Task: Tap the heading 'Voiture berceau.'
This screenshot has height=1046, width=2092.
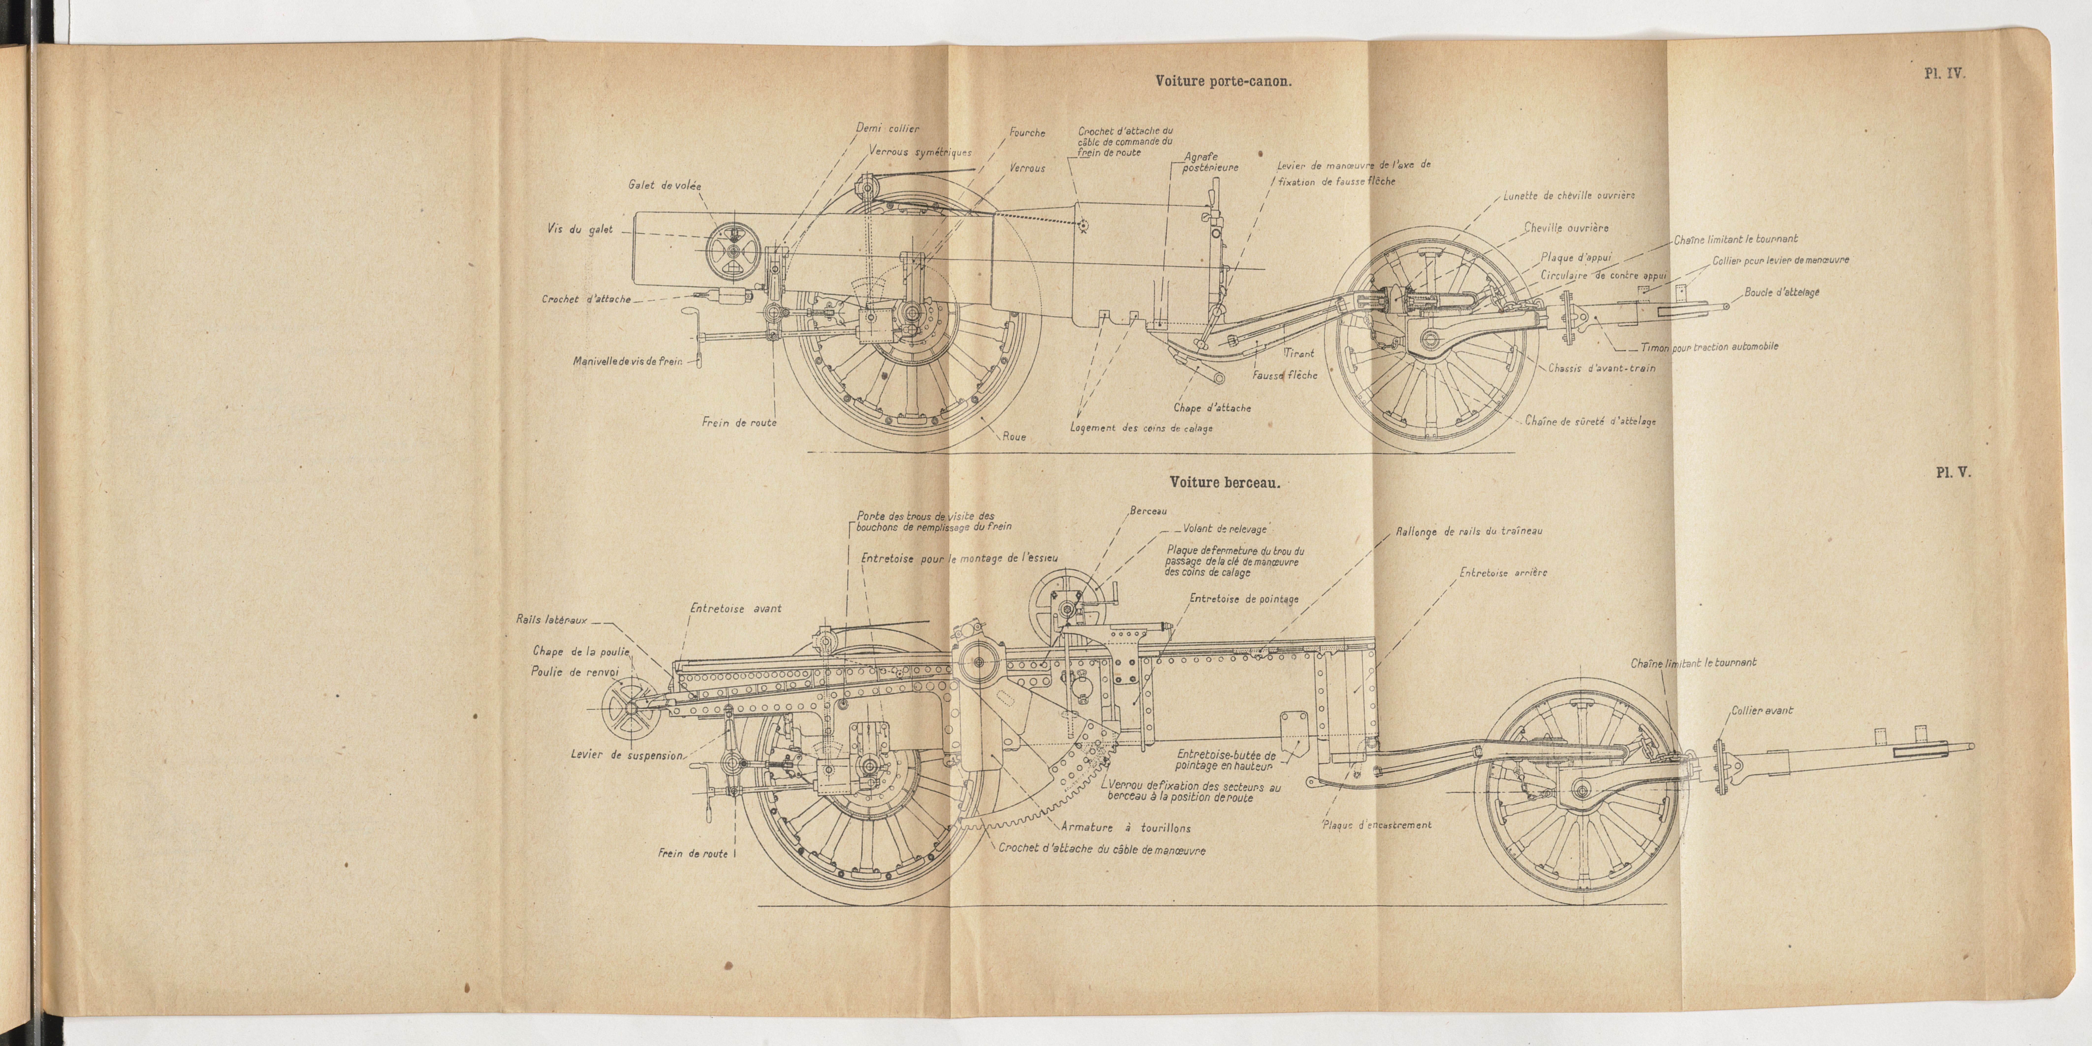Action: (x=1225, y=482)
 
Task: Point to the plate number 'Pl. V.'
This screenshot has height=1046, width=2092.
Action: (x=1952, y=473)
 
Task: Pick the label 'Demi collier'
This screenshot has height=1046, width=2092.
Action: (x=888, y=128)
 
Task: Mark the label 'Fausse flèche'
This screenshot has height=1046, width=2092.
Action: (x=1285, y=375)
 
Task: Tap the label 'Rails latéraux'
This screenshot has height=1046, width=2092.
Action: (x=551, y=620)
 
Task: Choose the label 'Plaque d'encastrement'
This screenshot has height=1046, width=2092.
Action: (x=1377, y=825)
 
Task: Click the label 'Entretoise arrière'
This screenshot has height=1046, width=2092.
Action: (x=1503, y=572)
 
